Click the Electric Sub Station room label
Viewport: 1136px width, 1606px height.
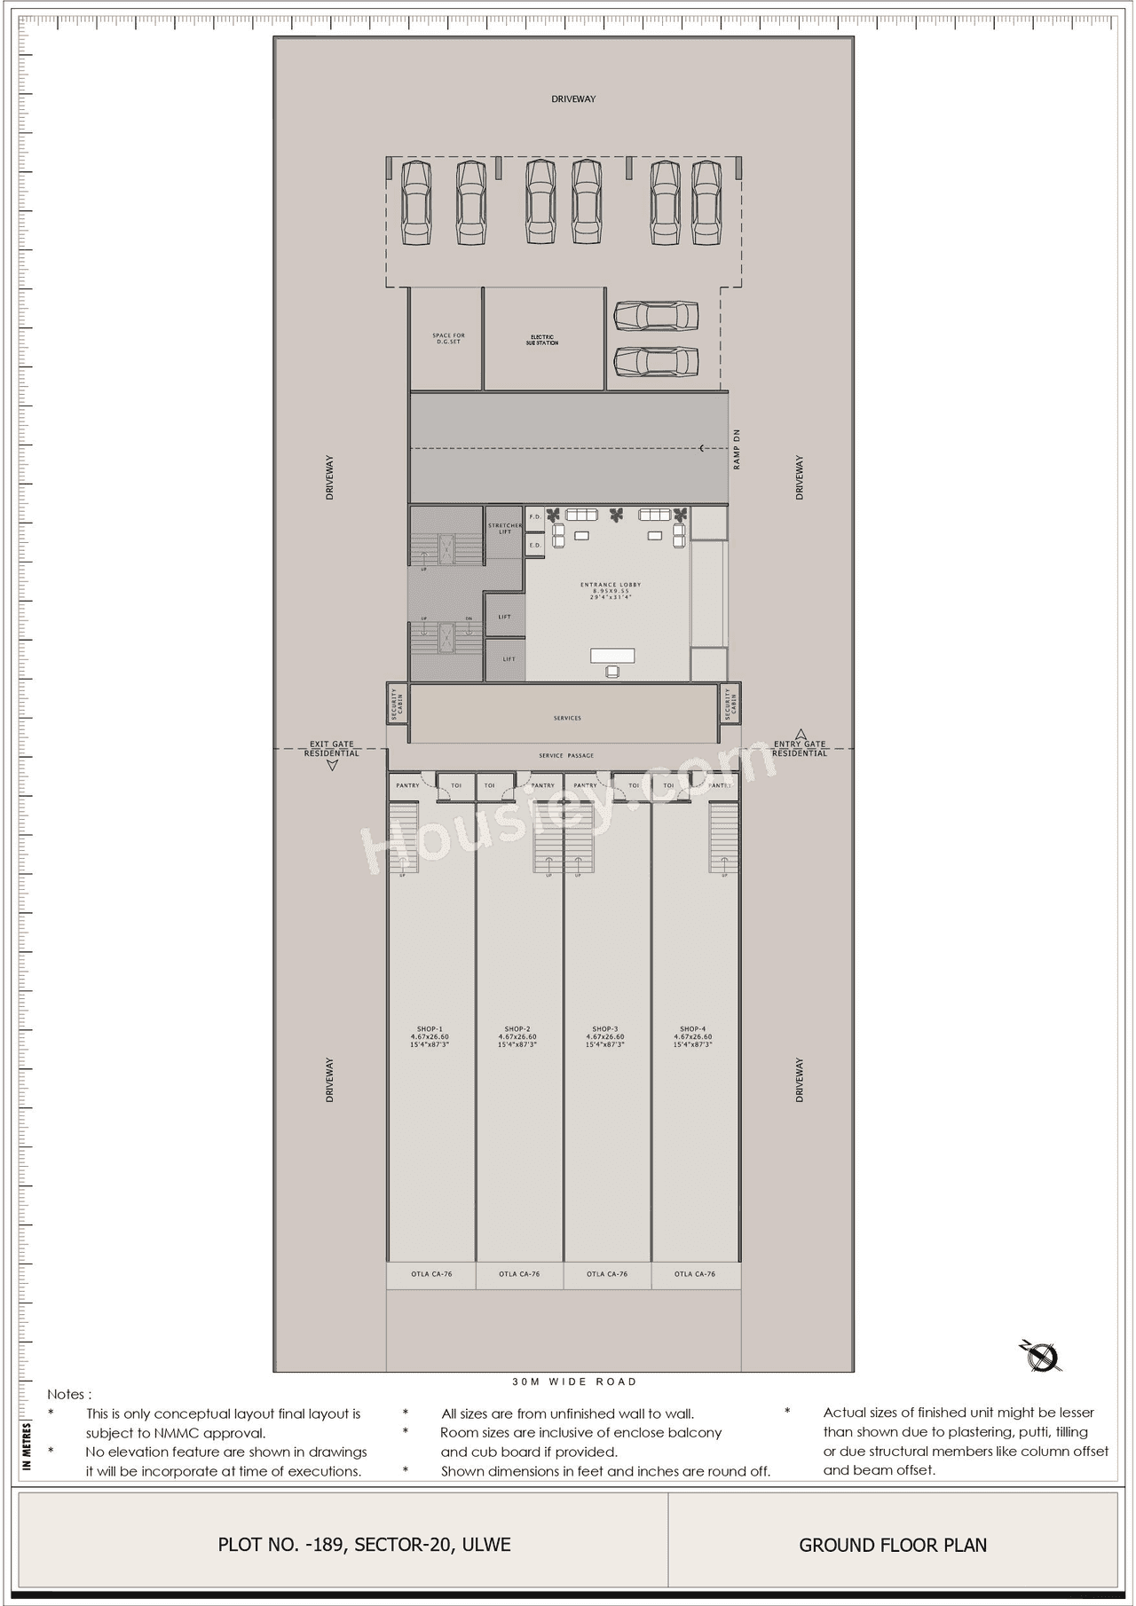point(542,340)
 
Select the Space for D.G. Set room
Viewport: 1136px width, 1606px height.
point(447,339)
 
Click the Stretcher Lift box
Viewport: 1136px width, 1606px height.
point(505,529)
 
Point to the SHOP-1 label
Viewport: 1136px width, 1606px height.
point(430,1029)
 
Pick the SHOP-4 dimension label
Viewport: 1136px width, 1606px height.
point(692,1040)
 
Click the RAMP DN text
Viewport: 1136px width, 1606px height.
point(736,449)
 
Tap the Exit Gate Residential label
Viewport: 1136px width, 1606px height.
point(332,749)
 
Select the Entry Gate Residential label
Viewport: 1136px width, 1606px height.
point(799,749)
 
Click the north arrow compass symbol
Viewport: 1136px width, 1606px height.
point(1041,1356)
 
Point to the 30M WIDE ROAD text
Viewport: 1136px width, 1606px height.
point(574,1382)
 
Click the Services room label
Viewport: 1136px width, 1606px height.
point(566,718)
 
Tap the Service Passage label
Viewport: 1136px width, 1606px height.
point(566,756)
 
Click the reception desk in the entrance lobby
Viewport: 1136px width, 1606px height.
point(613,657)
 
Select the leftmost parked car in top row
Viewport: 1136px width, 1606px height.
point(415,202)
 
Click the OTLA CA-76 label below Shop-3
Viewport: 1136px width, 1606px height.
point(607,1274)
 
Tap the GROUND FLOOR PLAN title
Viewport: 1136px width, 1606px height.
point(893,1545)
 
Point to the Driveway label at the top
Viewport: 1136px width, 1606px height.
point(573,99)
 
